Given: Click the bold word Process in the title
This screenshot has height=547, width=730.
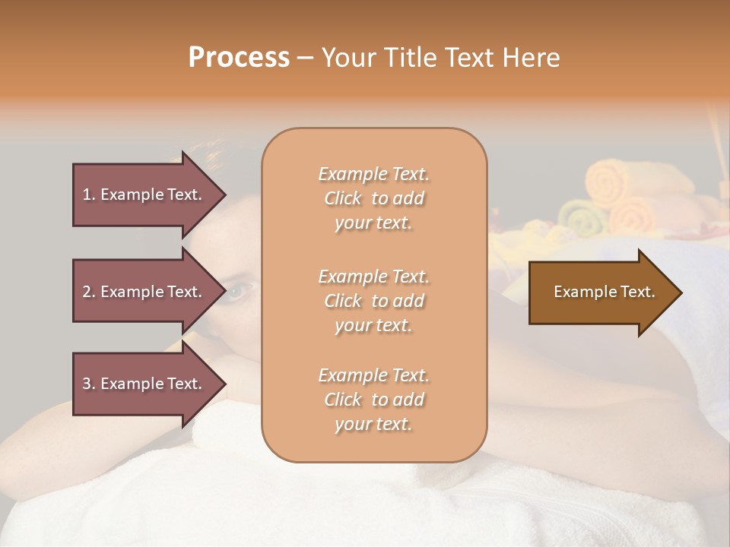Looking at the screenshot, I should [239, 58].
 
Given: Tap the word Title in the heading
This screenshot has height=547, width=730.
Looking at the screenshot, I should [409, 58].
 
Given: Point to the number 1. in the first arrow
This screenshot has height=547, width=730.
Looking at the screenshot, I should [89, 194].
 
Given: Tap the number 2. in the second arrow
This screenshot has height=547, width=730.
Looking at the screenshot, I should [89, 292].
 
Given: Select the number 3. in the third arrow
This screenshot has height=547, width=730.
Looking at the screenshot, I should [89, 384].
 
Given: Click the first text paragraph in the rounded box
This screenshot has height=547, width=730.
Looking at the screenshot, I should [374, 198].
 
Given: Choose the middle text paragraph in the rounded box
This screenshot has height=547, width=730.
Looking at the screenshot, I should [374, 301].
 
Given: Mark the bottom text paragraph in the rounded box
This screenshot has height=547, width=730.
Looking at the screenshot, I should [374, 400].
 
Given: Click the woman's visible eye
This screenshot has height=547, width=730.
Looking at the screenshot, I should [239, 289].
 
